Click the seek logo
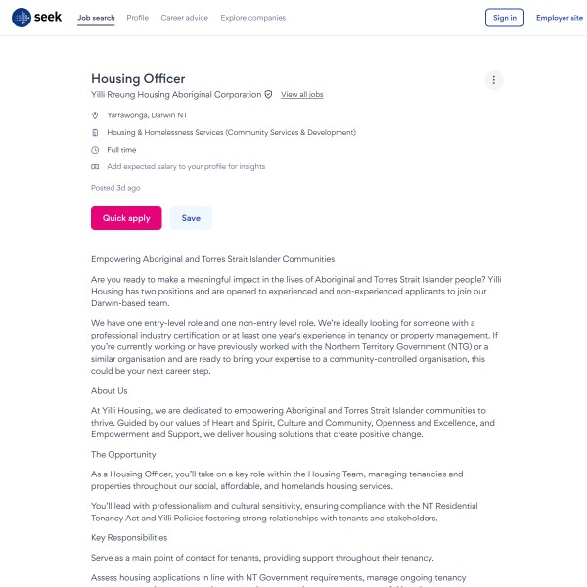[x=36, y=18]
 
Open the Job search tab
[x=96, y=18]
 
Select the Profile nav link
[x=138, y=18]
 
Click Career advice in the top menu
[x=185, y=18]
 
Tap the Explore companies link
[x=253, y=18]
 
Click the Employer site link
[x=559, y=18]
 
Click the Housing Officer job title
[x=138, y=79]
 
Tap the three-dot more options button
[x=494, y=80]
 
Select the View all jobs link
[x=301, y=95]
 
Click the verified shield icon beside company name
[x=269, y=95]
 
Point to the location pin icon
[x=95, y=115]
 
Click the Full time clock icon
[x=95, y=150]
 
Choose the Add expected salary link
[x=186, y=167]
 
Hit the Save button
[x=191, y=218]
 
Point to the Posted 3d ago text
[x=115, y=188]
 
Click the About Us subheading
[x=110, y=391]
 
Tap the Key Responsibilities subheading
[x=129, y=537]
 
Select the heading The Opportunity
[x=123, y=455]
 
